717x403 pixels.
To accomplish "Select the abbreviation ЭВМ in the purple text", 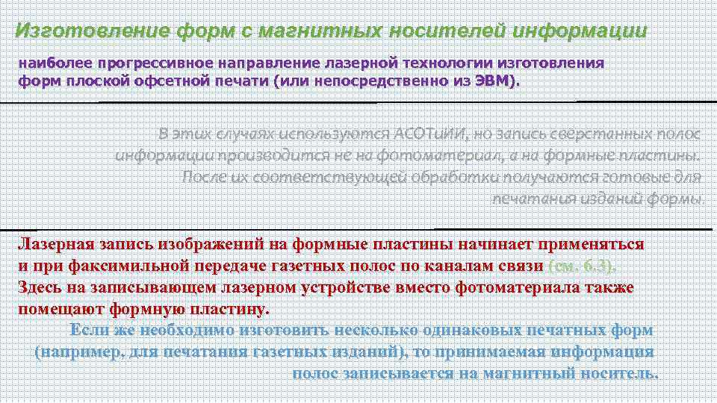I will (x=494, y=81).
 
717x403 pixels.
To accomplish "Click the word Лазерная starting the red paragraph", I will (x=56, y=245).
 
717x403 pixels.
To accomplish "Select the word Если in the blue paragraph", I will (x=91, y=330).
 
